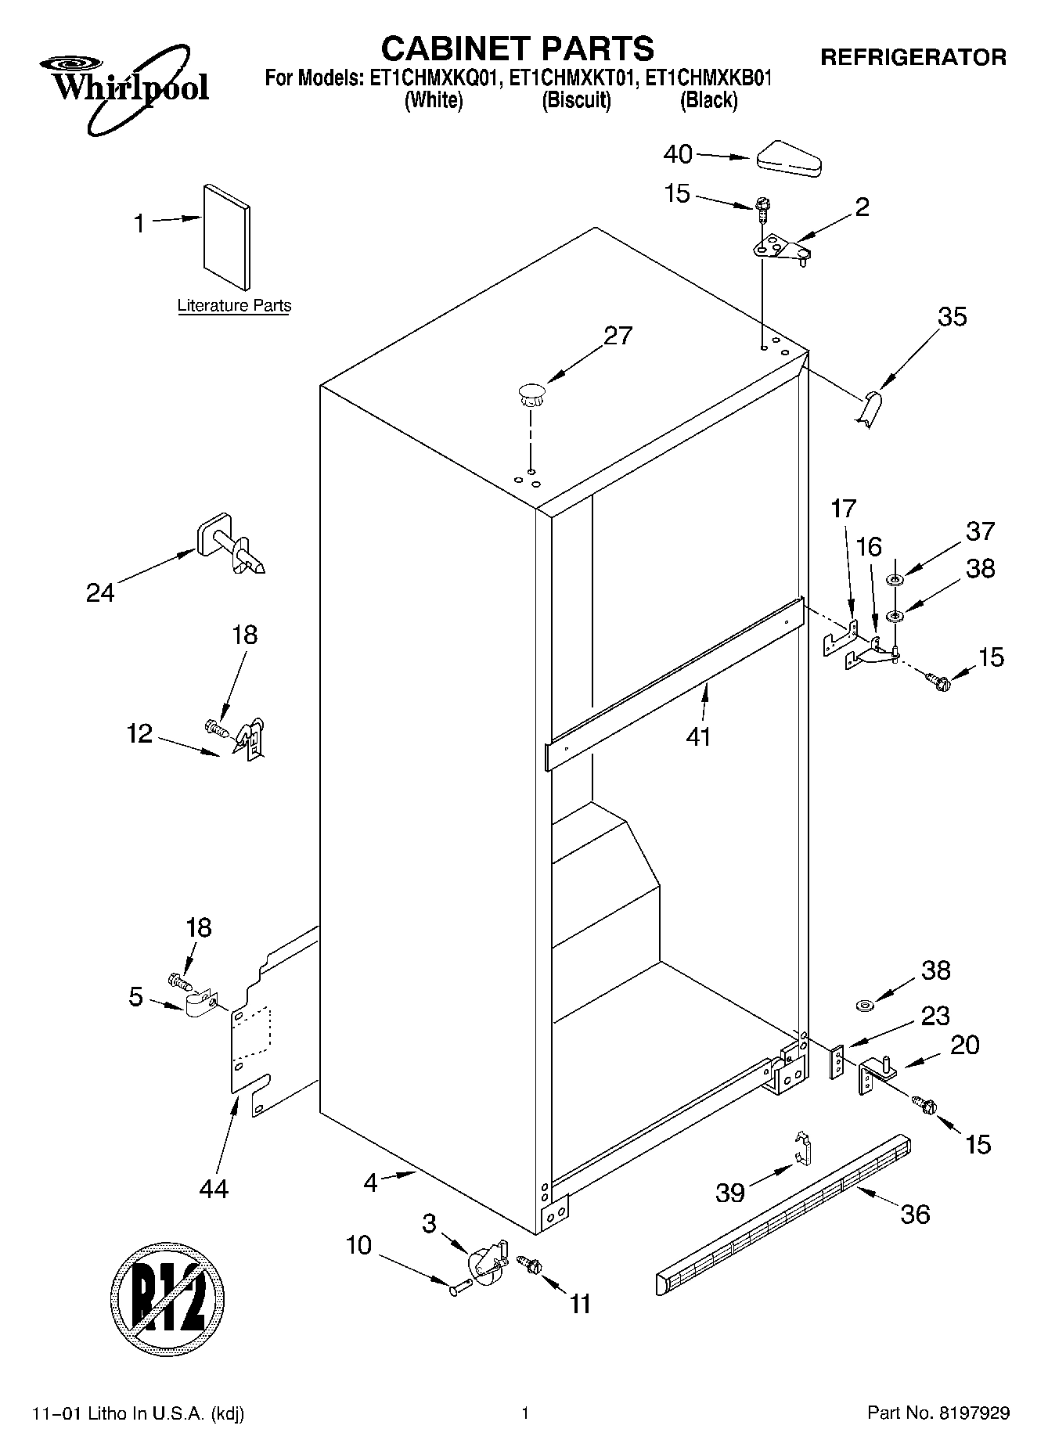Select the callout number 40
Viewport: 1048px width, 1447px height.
(x=678, y=154)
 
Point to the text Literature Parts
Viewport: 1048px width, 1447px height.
(x=234, y=306)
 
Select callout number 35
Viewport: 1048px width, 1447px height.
(x=953, y=317)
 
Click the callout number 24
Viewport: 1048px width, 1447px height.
(x=100, y=593)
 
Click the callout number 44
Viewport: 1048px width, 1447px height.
(x=214, y=1189)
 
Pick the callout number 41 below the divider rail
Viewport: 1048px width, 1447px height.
(x=698, y=736)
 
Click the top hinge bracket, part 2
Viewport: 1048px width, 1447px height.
(x=780, y=250)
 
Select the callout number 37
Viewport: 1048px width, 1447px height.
(x=981, y=531)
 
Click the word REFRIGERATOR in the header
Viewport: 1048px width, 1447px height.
(x=913, y=57)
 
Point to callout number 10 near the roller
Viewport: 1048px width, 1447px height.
(x=358, y=1245)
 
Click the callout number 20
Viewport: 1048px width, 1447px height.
(x=964, y=1045)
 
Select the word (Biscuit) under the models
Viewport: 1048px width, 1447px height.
(x=577, y=100)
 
